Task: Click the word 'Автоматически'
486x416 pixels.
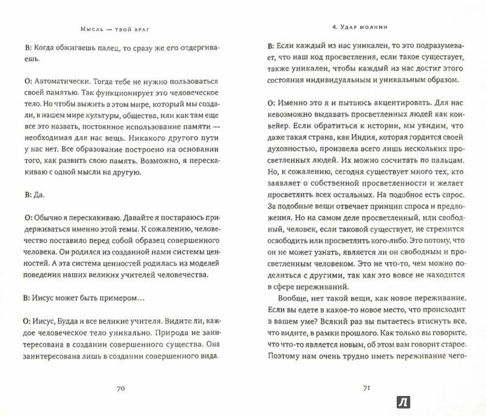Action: [x=61, y=80]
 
